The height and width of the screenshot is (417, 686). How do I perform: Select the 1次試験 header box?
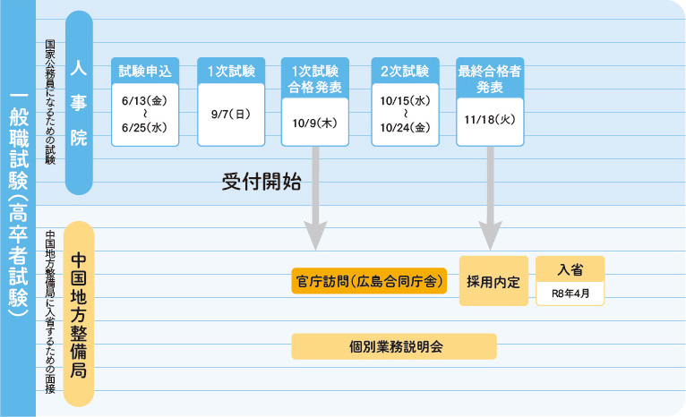[231, 71]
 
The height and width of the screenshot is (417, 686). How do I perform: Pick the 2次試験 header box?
[405, 71]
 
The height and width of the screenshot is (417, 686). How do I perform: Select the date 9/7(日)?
[231, 115]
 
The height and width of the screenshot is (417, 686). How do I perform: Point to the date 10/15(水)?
[405, 101]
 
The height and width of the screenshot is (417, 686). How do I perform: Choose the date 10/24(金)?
[405, 128]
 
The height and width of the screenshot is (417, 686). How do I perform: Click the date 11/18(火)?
[489, 118]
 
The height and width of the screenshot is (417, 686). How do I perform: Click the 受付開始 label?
[261, 182]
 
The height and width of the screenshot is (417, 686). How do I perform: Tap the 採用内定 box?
[493, 281]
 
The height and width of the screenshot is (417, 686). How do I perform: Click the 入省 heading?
[570, 268]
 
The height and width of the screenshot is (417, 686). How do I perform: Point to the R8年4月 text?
[570, 293]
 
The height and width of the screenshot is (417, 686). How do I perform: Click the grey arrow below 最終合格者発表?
[490, 201]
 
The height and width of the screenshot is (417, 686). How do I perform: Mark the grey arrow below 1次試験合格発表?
[315, 201]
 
